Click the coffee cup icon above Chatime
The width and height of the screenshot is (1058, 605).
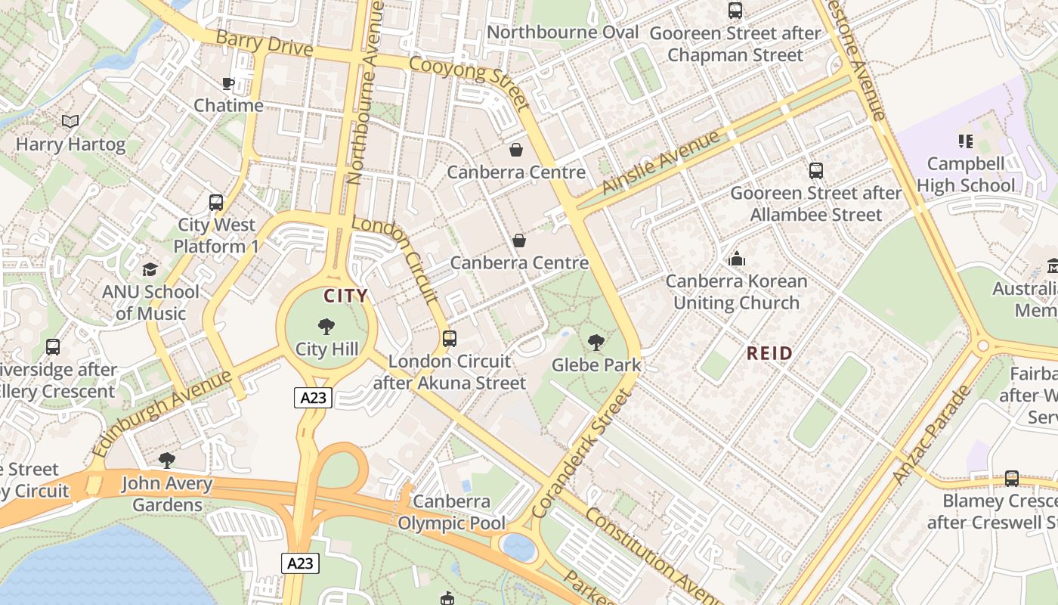227,83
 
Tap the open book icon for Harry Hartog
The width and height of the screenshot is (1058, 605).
70,121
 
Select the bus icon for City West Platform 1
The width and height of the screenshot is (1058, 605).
216,203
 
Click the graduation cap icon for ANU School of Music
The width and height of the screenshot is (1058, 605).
150,270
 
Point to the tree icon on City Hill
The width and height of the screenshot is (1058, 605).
326,327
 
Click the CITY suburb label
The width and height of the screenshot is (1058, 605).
345,296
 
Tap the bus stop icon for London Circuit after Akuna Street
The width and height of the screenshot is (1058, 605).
450,339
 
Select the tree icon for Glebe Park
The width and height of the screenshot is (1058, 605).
596,343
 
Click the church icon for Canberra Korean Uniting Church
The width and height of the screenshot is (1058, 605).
737,259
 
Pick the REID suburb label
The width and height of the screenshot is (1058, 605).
770,353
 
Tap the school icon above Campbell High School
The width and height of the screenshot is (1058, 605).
965,141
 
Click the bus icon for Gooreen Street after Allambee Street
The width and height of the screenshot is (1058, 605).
816,171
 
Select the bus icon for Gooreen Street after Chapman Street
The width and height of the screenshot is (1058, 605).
735,11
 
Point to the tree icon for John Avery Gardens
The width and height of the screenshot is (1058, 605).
167,461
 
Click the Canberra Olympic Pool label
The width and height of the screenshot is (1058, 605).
451,512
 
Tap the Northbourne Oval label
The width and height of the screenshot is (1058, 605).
563,33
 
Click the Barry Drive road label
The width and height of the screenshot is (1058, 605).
264,43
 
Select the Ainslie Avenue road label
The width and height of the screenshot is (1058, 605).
661,163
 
